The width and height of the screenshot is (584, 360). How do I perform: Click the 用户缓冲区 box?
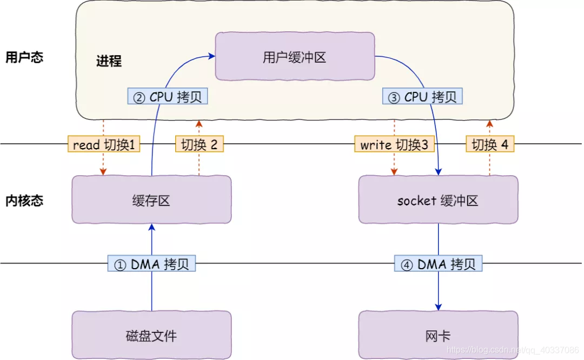[x=295, y=57]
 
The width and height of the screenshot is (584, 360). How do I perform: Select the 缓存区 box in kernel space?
[x=151, y=200]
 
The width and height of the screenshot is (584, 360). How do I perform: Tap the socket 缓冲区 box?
[x=438, y=200]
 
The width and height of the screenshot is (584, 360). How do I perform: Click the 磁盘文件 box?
[x=151, y=335]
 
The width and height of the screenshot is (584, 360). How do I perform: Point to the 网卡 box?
[x=438, y=335]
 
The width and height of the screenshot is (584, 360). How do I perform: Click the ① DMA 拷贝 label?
[x=151, y=264]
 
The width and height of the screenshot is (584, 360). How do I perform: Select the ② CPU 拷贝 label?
[x=168, y=97]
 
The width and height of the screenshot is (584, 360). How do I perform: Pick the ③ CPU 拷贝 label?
[x=423, y=97]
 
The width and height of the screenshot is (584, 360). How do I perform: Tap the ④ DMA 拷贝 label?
[x=438, y=264]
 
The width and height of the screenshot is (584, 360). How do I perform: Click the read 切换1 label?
[x=103, y=144]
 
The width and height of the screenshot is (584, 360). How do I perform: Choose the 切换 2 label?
[x=199, y=144]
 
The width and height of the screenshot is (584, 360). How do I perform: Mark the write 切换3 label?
[x=394, y=144]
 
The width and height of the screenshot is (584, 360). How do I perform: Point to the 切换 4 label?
[x=490, y=144]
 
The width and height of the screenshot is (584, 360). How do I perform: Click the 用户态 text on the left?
[x=24, y=57]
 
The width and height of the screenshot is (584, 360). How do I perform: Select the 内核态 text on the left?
[x=24, y=201]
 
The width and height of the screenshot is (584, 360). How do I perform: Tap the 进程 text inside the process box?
[x=109, y=61]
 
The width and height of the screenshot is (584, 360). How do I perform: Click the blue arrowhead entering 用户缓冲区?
[x=211, y=55]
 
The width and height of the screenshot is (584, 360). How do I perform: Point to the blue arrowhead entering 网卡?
[x=438, y=306]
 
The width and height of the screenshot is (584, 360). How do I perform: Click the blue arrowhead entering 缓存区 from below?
[x=151, y=228]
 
